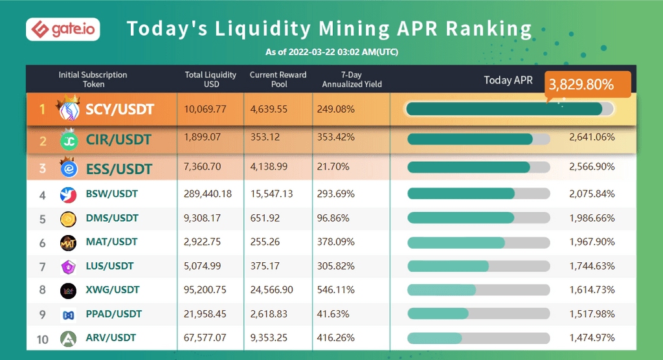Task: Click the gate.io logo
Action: click(x=63, y=29)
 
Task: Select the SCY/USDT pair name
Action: click(x=120, y=109)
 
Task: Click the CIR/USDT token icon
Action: click(x=69, y=140)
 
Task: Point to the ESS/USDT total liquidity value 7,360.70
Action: click(x=203, y=167)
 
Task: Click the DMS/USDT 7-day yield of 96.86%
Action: click(x=335, y=218)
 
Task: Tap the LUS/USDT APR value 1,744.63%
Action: click(x=592, y=266)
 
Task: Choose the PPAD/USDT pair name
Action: click(x=114, y=314)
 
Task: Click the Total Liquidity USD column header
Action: click(x=210, y=80)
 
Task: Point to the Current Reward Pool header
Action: click(x=278, y=80)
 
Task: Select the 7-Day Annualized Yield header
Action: click(x=352, y=80)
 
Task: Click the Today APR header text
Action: click(x=508, y=80)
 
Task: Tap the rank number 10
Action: click(x=43, y=338)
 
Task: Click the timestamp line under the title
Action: click(x=331, y=52)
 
